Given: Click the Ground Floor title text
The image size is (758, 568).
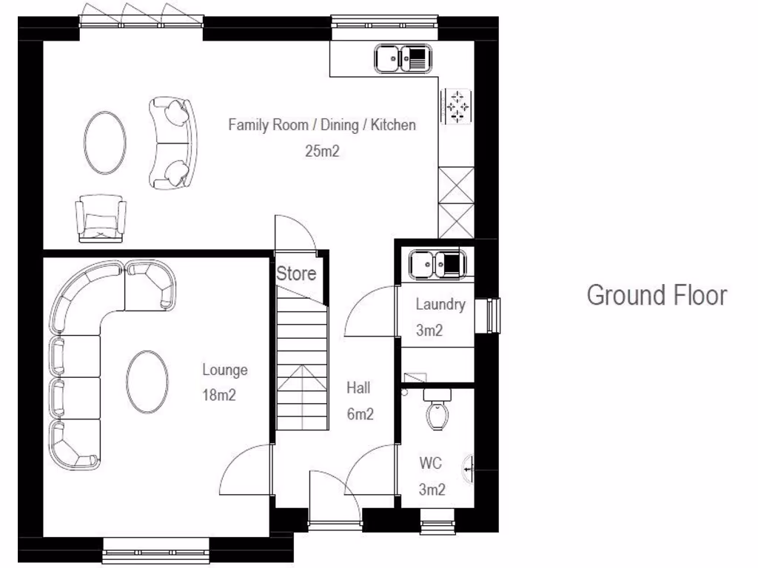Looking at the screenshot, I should coord(657,295).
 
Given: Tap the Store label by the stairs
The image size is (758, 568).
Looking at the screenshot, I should coord(296,274).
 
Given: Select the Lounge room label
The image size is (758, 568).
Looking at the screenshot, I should coord(225,370).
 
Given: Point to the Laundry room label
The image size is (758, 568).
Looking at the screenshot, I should coord(440,304).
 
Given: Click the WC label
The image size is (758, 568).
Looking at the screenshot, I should coord(431,464).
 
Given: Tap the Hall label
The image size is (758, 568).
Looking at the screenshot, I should coord(358,388).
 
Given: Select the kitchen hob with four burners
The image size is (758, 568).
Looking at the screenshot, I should coord(457,106).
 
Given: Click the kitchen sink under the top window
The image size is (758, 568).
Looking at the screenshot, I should coord(403,58).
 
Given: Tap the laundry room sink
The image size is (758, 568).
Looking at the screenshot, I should coord(437,264).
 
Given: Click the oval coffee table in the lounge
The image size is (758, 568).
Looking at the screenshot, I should coord(147,382).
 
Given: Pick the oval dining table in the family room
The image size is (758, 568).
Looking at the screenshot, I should coord(104,142).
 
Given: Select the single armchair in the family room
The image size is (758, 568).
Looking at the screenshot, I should coord(101,217).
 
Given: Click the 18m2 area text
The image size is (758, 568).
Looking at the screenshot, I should coord(219,395).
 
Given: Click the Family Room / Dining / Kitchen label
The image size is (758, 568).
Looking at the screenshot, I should coord(322,125).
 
